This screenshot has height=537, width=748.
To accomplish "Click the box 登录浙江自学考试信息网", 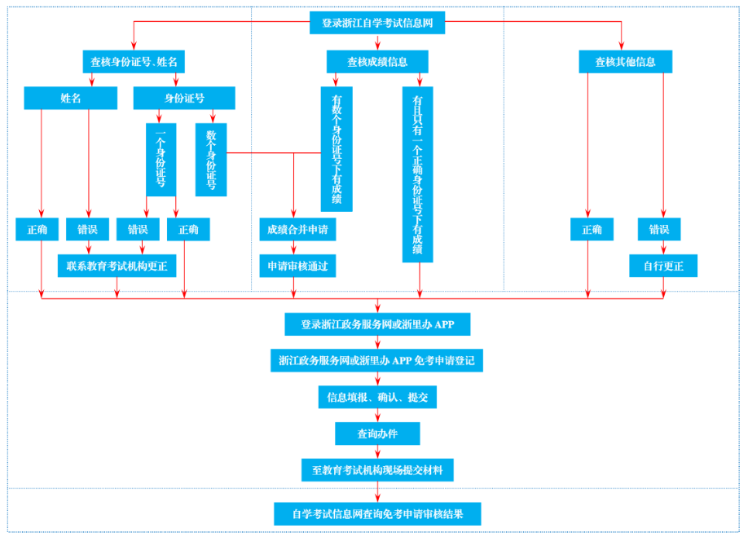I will [377, 23].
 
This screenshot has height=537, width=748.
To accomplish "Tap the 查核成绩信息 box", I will [377, 61].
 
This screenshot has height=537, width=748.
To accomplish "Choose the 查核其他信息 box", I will [625, 61].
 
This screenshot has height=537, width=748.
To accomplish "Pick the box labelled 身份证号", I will [184, 98].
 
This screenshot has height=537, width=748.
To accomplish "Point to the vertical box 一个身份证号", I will [161, 160].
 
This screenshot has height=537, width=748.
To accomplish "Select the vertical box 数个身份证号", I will [211, 160].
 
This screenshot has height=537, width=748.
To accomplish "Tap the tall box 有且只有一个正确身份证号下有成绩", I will [417, 174].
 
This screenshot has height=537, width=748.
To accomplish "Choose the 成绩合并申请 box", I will [297, 230].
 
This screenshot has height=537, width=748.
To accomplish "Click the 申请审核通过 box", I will [297, 266].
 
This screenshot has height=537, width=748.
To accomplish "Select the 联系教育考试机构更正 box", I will [117, 266].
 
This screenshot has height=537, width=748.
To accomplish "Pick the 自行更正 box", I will [663, 266].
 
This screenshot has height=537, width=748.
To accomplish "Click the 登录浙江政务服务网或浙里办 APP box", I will [377, 324].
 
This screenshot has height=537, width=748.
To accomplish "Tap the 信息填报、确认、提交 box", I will [377, 397].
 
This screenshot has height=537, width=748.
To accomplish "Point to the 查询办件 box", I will [377, 434].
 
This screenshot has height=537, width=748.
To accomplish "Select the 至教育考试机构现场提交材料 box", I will [377, 469].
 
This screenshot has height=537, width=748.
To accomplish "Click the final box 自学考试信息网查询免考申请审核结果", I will [377, 513].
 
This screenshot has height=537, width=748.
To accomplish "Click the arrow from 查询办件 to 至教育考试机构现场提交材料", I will [377, 451].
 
